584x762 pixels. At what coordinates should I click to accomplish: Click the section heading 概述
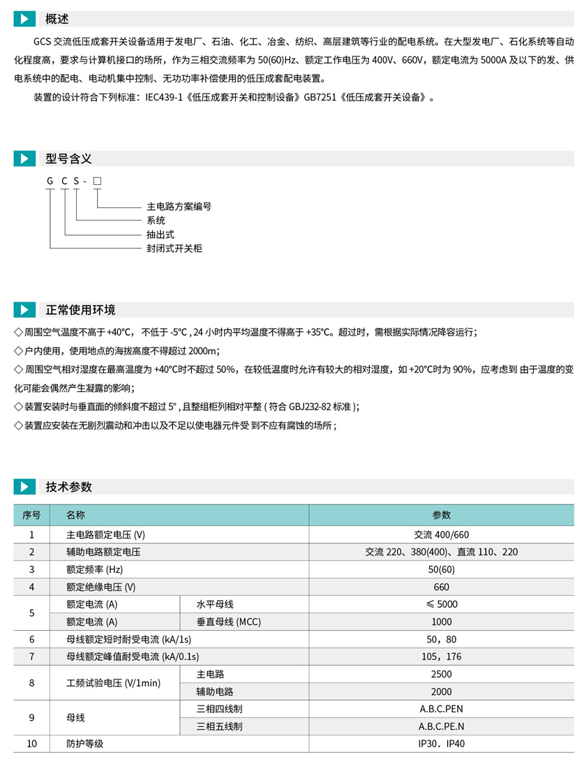click(x=57, y=19)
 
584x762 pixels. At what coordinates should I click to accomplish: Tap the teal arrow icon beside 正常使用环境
click(x=24, y=310)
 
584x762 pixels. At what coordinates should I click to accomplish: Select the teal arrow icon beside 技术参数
click(x=24, y=487)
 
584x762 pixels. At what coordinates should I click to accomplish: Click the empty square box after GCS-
click(x=97, y=181)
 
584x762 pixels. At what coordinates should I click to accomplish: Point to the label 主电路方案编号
click(x=179, y=207)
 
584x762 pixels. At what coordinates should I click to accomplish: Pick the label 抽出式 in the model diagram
click(x=160, y=234)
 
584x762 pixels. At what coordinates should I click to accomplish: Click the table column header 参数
click(x=441, y=516)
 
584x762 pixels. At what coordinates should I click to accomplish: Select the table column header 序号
click(x=31, y=516)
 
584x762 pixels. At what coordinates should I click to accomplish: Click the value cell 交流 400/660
click(x=441, y=535)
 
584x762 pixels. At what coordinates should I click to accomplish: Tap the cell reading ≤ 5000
click(x=441, y=604)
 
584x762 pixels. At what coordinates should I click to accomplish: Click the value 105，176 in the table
click(x=441, y=657)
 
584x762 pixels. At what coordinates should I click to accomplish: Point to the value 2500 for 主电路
click(x=441, y=674)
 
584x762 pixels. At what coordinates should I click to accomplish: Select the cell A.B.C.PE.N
click(x=441, y=726)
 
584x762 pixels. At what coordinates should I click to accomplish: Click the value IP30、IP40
click(x=441, y=744)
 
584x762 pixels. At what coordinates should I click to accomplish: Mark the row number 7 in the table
click(x=31, y=657)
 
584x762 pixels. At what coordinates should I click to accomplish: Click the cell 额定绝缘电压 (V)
click(x=100, y=587)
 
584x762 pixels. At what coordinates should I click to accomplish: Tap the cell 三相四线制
click(x=220, y=709)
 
